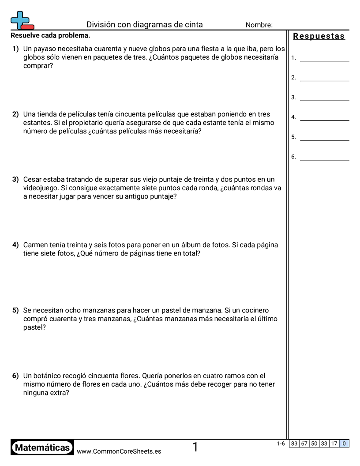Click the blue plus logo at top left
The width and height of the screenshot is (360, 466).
click(19, 19)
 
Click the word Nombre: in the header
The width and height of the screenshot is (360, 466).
click(259, 25)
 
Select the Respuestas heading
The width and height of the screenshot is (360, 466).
click(319, 36)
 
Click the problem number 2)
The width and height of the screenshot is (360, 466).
click(15, 114)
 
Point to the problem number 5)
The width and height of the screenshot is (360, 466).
click(15, 310)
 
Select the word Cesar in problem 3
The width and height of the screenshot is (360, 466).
click(32, 180)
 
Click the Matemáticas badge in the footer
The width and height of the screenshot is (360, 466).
click(42, 448)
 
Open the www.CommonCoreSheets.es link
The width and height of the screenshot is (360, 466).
click(119, 451)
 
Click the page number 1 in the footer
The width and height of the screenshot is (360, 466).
click(195, 447)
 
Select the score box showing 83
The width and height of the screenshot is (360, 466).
click(294, 444)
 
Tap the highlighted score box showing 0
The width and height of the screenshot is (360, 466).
click(344, 444)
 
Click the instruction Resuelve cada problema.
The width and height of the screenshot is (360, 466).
click(50, 35)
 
